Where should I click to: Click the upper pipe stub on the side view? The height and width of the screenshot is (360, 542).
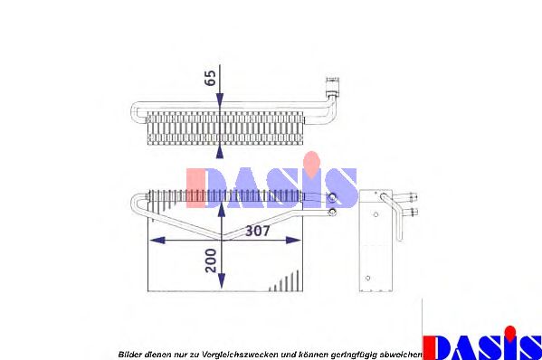point(413,195)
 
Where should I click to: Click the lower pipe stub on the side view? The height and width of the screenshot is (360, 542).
point(413,212)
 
